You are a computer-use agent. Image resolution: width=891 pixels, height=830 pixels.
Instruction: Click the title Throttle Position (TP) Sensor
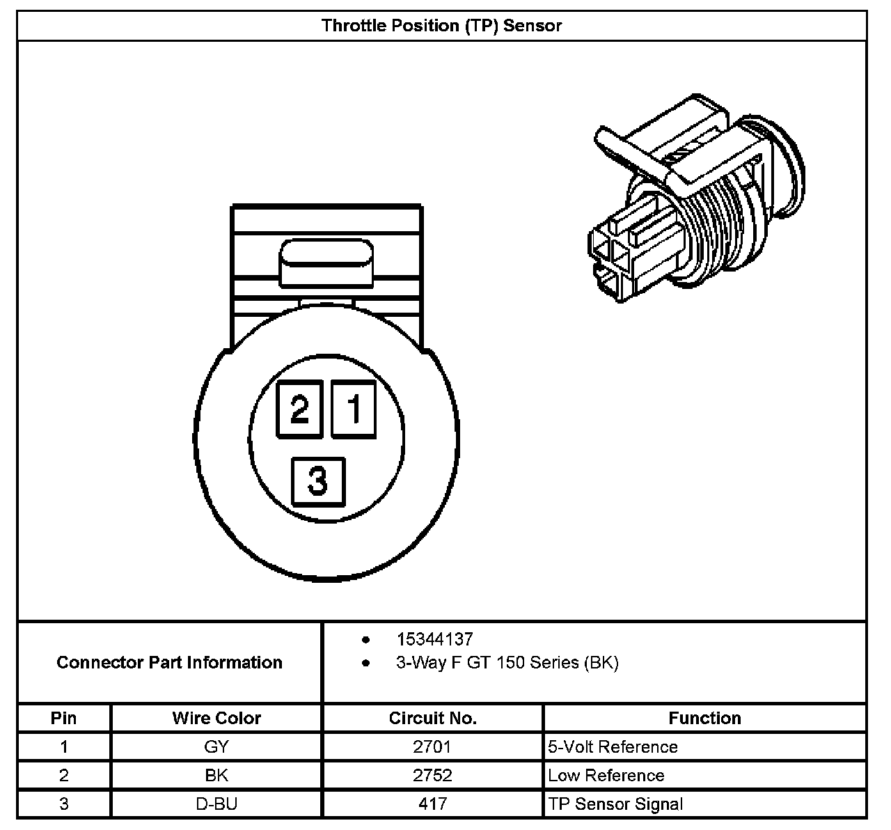[441, 26]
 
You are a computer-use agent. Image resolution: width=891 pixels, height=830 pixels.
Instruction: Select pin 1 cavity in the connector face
[354, 409]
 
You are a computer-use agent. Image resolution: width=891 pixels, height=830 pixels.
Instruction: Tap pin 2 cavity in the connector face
[299, 409]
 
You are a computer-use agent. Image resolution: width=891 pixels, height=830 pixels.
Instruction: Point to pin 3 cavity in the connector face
[318, 480]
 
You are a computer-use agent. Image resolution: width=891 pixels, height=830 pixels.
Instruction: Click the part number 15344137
[434, 639]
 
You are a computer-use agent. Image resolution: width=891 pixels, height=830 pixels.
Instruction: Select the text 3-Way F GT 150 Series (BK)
[507, 662]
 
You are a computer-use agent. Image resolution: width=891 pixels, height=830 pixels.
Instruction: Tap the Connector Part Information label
[169, 662]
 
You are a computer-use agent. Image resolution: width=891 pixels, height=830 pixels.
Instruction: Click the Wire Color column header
[216, 718]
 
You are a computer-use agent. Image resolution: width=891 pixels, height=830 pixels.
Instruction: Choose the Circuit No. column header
[432, 718]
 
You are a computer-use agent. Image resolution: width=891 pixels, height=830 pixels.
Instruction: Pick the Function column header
[704, 718]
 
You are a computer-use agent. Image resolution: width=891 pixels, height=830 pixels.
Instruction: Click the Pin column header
[64, 718]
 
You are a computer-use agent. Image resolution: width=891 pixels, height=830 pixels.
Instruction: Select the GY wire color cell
[216, 747]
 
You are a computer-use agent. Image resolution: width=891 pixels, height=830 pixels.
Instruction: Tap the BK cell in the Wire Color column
[216, 776]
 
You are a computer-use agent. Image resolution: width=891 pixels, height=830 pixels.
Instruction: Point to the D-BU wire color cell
[216, 804]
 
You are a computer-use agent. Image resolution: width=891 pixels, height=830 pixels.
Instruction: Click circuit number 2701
[432, 747]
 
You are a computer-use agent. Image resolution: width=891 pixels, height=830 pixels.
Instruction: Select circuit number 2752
[432, 776]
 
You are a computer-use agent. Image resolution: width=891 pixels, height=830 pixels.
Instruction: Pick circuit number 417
[432, 804]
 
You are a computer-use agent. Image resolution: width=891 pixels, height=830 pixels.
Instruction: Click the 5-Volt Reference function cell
[613, 747]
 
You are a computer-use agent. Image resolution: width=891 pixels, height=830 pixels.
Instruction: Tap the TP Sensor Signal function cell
[615, 804]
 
